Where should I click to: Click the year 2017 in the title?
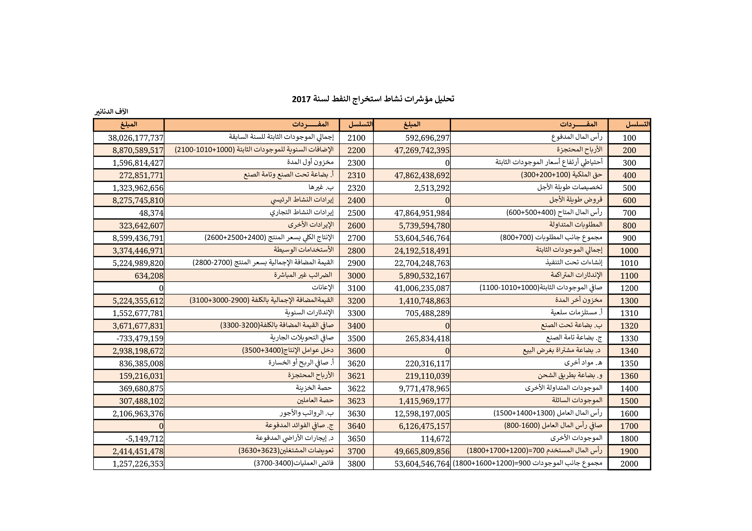pos(301,99)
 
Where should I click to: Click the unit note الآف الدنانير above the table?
pos(111,112)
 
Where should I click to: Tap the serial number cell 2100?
pos(356,138)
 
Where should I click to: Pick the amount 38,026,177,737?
pos(136,138)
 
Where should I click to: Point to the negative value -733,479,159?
pos(140,338)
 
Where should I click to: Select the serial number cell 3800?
pos(356,464)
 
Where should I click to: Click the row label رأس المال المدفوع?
pos(576,137)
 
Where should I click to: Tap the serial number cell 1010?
pos(629,263)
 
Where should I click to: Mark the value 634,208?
pos(149,276)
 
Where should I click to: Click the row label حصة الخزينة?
pos(314,388)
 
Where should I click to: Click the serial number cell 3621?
pos(356,376)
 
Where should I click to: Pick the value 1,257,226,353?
pos(138,464)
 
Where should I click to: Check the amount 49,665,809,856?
pos(422,451)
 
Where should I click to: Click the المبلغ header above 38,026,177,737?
pos(129,125)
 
